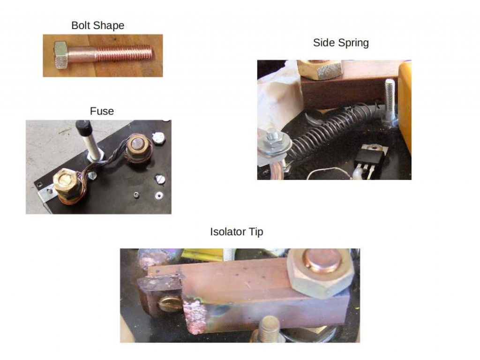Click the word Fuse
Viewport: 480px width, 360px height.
click(102, 111)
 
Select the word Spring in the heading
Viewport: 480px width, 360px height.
click(353, 43)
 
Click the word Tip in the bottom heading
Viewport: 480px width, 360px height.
click(255, 232)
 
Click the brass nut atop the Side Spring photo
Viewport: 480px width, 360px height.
click(319, 69)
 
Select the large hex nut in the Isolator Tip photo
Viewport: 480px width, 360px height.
click(320, 273)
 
